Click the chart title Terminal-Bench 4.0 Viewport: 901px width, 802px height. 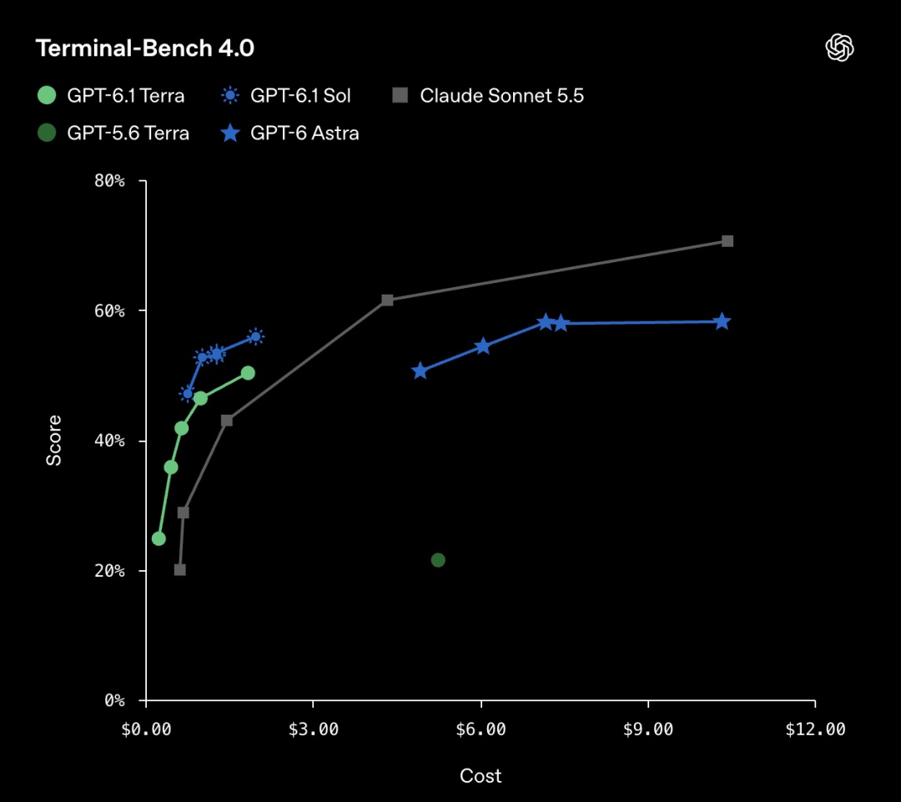tap(145, 48)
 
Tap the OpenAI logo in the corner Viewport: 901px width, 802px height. tap(839, 47)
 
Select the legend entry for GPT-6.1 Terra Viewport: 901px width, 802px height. tap(111, 95)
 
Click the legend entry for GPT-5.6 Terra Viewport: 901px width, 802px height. tap(113, 133)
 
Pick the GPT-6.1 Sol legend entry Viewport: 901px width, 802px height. tap(285, 95)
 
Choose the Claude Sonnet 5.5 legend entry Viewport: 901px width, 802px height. tap(488, 95)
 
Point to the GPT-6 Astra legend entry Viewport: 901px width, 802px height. tap(289, 133)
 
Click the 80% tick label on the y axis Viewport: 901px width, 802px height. tap(109, 181)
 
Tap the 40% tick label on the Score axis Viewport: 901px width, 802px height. tap(109, 441)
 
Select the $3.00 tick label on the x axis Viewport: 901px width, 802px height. tap(313, 729)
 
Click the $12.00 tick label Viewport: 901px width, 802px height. tap(815, 729)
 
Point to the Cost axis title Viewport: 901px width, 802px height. tap(481, 776)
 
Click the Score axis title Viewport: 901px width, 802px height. tap(53, 441)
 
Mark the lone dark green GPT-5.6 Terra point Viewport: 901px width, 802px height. tap(438, 560)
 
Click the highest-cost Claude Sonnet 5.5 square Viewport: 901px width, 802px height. tap(727, 241)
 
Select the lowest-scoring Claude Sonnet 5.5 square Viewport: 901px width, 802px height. tap(180, 570)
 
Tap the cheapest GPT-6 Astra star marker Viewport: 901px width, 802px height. tap(420, 371)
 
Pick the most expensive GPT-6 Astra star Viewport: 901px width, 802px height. tap(722, 321)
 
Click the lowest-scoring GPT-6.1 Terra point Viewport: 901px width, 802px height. tap(159, 538)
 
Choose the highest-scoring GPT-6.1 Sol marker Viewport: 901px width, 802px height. tap(256, 336)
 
